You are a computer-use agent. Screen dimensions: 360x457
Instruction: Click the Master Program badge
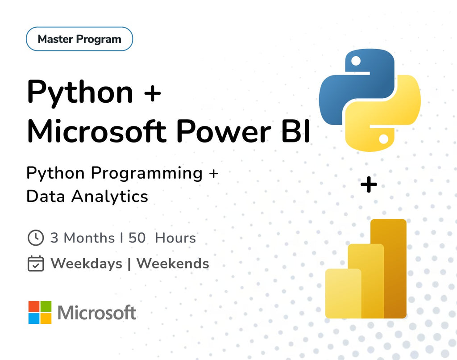pyautogui.click(x=79, y=39)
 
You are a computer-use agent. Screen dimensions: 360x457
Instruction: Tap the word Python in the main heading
pyautogui.click(x=80, y=92)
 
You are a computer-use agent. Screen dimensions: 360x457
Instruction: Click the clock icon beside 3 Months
pyautogui.click(x=36, y=238)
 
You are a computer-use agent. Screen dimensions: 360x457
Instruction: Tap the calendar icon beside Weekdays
pyautogui.click(x=36, y=264)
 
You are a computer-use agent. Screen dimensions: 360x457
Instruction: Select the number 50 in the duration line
pyautogui.click(x=137, y=238)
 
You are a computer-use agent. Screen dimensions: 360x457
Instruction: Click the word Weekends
pyautogui.click(x=173, y=264)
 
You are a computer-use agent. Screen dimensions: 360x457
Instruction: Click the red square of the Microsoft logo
pyautogui.click(x=34, y=306)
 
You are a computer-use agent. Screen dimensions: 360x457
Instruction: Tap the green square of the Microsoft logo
pyautogui.click(x=46, y=306)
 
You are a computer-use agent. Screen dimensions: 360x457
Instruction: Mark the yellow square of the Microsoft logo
pyautogui.click(x=46, y=318)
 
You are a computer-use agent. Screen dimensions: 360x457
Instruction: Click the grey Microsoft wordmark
pyautogui.click(x=97, y=313)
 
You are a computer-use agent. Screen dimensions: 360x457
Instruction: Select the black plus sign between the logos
pyautogui.click(x=369, y=185)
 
